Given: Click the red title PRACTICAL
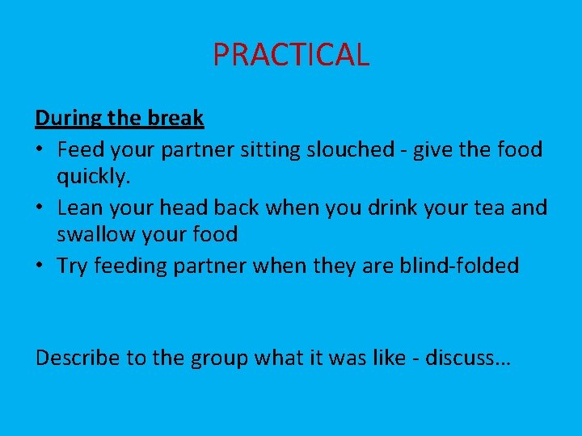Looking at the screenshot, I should (x=291, y=55).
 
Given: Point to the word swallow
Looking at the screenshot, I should (x=95, y=235).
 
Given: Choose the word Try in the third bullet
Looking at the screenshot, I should (x=73, y=266).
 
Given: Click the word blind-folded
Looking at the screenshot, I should (x=459, y=266).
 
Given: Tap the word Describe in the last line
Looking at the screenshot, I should (x=78, y=358).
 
